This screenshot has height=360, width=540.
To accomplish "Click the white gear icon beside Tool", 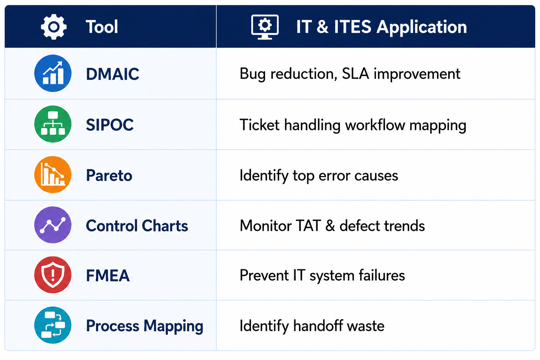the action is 53,26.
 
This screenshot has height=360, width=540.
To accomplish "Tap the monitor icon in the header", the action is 265,27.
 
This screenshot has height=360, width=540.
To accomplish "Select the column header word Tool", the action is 102,26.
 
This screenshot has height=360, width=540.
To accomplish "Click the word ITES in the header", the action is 353,26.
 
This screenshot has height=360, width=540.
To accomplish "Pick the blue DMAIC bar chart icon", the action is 53,73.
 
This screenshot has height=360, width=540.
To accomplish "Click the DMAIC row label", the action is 112,74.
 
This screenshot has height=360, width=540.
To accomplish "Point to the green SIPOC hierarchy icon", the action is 53,124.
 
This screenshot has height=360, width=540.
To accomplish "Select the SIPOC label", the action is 110,125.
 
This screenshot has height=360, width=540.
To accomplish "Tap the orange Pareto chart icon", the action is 53,175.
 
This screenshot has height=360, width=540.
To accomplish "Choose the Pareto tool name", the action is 109,175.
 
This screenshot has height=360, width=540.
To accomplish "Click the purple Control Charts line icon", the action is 53,225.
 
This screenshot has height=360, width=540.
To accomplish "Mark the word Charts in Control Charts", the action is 165,226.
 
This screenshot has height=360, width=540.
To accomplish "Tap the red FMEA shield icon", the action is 53,275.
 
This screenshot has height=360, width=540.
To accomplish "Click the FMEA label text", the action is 108,276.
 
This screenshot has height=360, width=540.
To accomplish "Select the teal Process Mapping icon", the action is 53,325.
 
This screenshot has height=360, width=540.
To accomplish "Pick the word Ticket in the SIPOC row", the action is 260,125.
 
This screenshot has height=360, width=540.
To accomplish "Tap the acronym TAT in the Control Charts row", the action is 308,226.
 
